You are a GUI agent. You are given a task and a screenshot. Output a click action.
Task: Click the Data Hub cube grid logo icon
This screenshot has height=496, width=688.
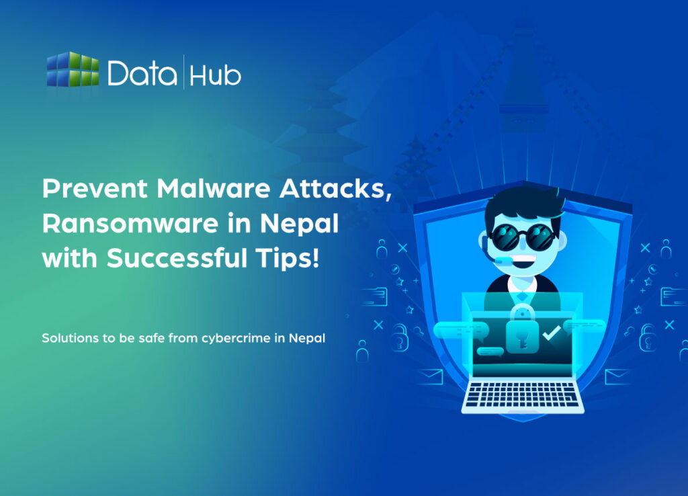[x=73, y=69]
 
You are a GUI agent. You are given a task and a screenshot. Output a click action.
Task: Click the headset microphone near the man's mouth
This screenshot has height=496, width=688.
[x=502, y=259]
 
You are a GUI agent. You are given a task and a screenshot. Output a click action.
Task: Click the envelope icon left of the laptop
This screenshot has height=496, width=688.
[x=429, y=377]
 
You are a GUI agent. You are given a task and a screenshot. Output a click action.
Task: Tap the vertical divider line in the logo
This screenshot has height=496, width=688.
[x=183, y=73]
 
